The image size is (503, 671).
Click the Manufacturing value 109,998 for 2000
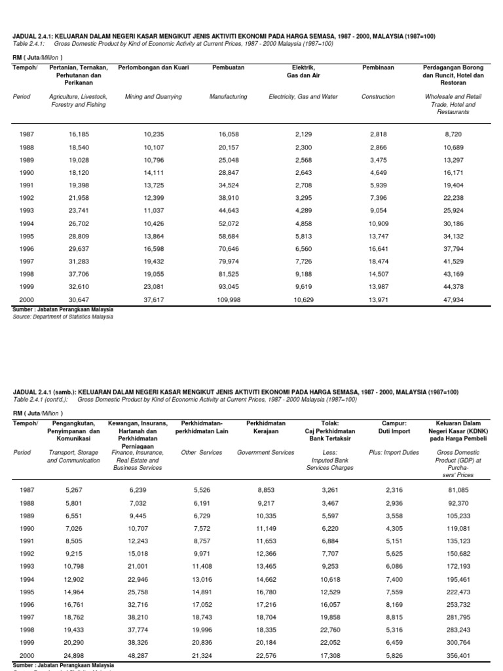pos(229,299)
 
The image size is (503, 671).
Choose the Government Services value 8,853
pos(267,490)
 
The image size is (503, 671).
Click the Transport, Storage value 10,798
pos(74,565)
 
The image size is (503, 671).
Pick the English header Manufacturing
pos(228,96)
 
